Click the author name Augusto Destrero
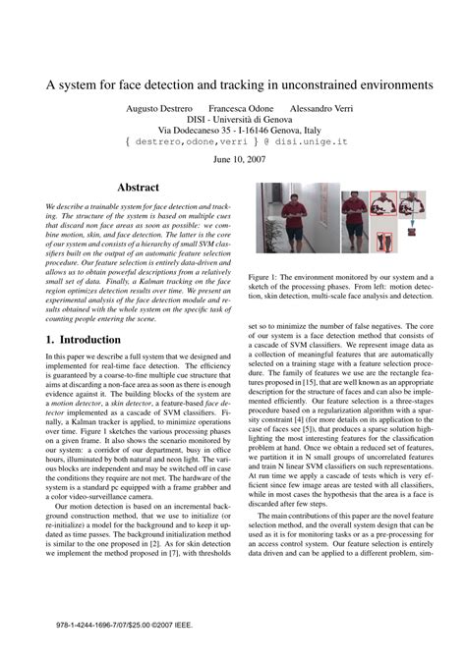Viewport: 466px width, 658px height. coord(161,105)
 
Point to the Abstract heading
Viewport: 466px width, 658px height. coord(138,187)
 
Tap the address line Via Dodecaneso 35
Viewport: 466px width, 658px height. coord(233,129)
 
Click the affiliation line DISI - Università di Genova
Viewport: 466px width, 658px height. coord(233,117)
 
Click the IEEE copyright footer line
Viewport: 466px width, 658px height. coord(123,624)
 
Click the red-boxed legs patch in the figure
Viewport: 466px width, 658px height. coord(415,240)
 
